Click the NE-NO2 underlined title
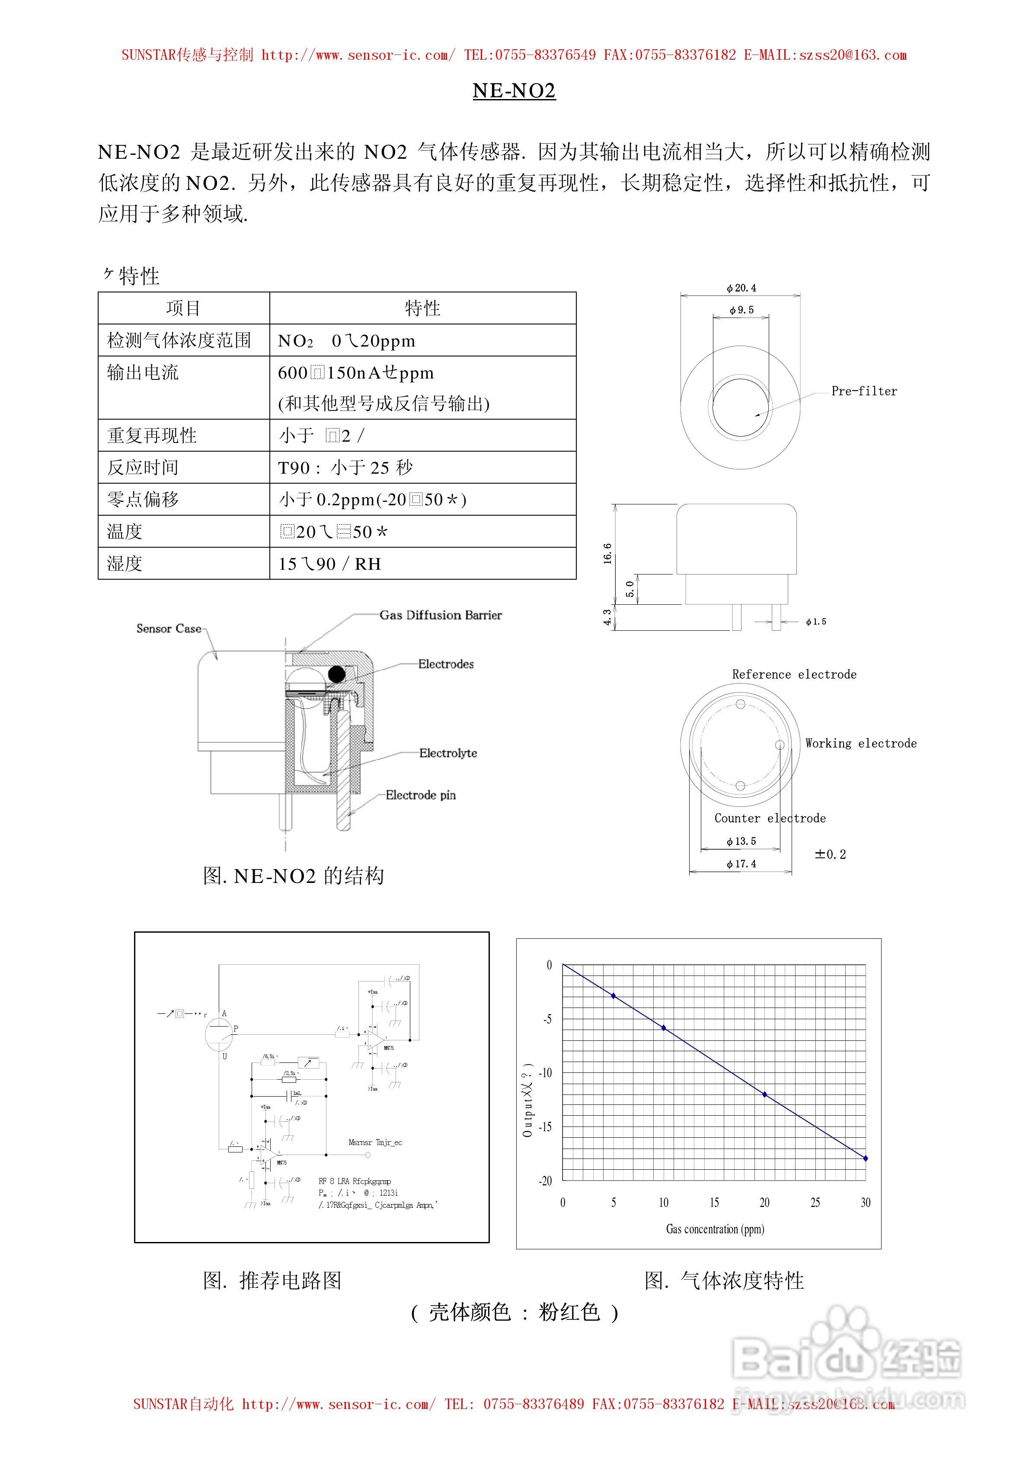514,91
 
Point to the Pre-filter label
864,392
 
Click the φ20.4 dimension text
741,288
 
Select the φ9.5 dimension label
741,310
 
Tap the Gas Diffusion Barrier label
440,615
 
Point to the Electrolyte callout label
448,753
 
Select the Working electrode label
861,743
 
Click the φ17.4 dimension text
741,863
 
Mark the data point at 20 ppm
764,1094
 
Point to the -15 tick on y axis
545,1127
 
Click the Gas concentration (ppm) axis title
715,1229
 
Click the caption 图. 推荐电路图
272,1280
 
